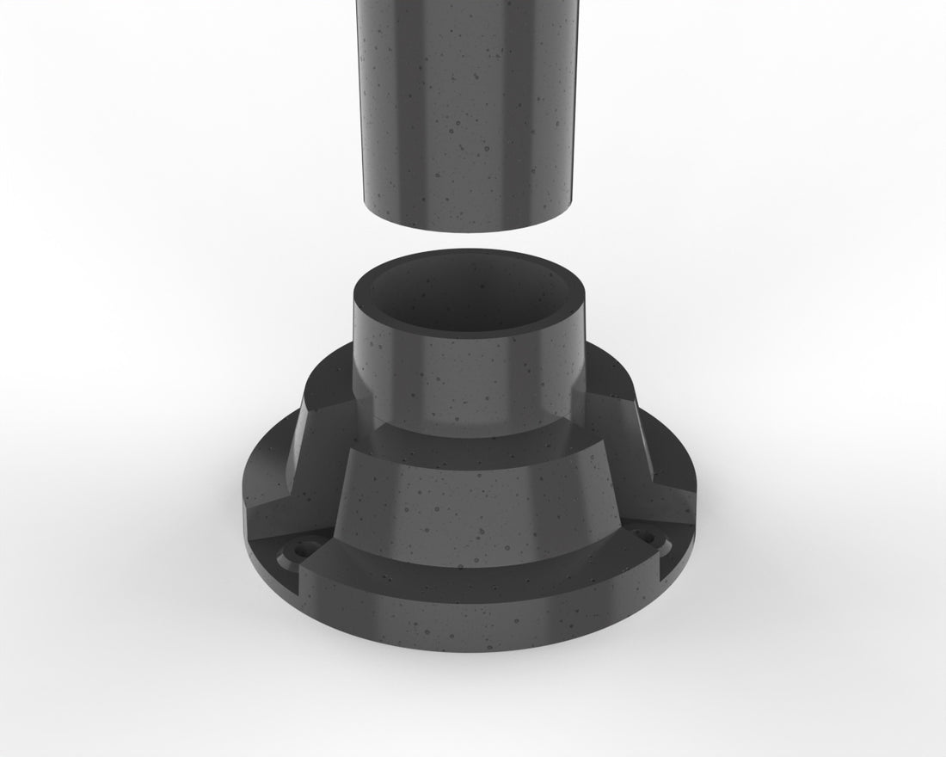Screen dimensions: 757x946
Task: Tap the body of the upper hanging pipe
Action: pos(464,103)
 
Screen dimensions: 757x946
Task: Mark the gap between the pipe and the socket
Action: pos(469,240)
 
